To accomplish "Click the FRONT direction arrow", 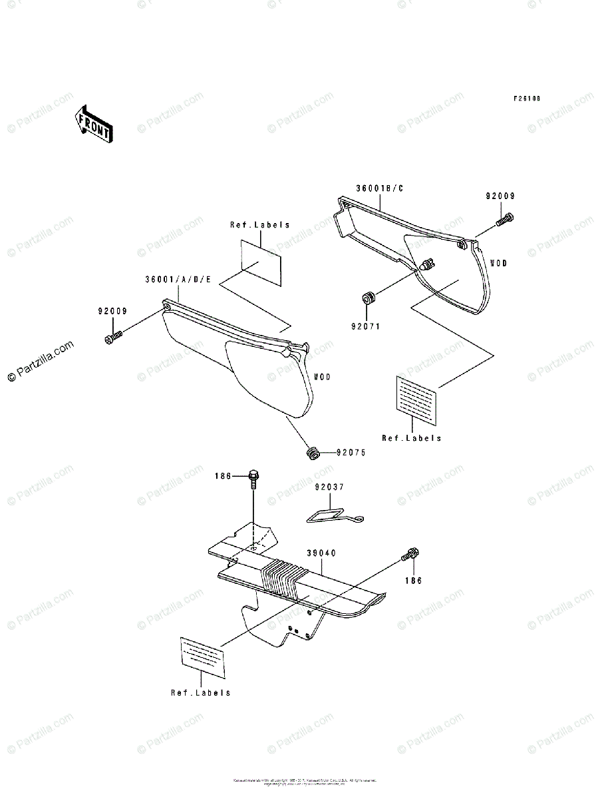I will point(94,124).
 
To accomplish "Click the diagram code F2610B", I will point(526,99).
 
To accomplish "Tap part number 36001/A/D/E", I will point(178,280).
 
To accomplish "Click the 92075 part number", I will point(350,453).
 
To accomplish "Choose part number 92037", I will point(329,487).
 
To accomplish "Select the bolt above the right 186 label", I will point(409,554).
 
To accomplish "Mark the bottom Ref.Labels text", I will point(200,692).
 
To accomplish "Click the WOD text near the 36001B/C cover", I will point(498,263).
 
